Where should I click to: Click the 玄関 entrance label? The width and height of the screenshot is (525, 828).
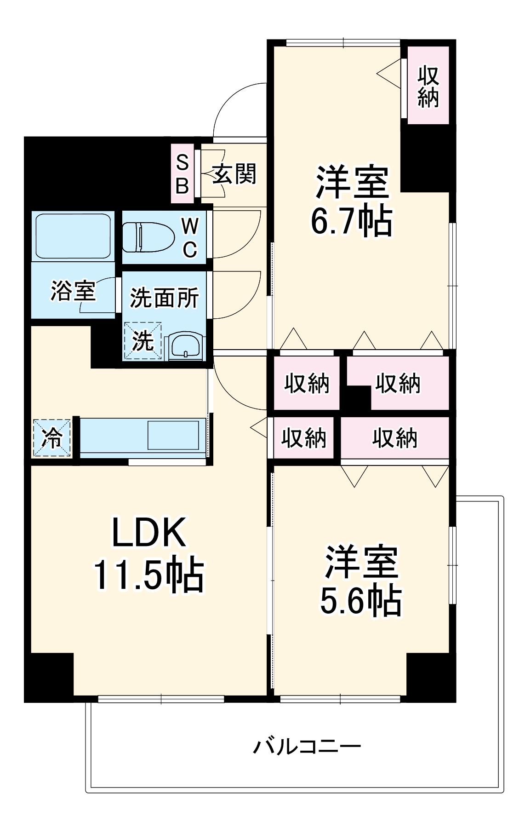pyautogui.click(x=234, y=174)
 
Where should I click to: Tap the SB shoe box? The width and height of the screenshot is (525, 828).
pyautogui.click(x=183, y=174)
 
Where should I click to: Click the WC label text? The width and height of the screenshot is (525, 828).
pyautogui.click(x=190, y=237)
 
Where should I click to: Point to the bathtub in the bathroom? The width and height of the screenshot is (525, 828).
pyautogui.click(x=73, y=236)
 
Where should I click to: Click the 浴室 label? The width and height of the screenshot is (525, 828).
pyautogui.click(x=73, y=291)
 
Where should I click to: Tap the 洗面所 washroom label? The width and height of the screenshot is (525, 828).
pyautogui.click(x=164, y=298)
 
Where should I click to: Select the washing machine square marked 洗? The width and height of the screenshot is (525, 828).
pyautogui.click(x=143, y=341)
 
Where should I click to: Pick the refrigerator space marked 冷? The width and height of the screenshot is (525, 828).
pyautogui.click(x=52, y=437)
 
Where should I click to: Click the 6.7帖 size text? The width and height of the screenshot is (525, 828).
pyautogui.click(x=352, y=221)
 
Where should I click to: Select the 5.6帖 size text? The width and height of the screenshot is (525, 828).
pyautogui.click(x=361, y=601)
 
